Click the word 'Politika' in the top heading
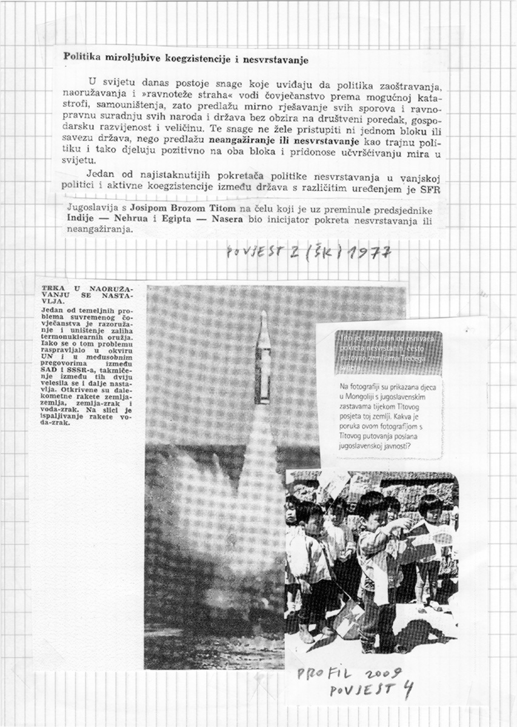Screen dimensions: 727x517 (x=83, y=59)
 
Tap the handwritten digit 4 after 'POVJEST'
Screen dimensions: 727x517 (x=407, y=691)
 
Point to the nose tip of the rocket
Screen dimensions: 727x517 (x=264, y=313)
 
